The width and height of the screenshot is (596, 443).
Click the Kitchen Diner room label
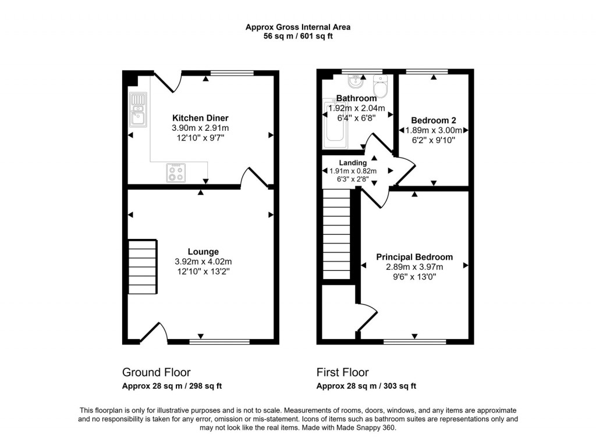pyautogui.click(x=200, y=118)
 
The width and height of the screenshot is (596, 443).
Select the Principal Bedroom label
pyautogui.click(x=414, y=257)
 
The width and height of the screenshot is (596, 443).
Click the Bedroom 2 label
pyautogui.click(x=433, y=120)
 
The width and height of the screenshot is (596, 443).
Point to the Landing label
pyautogui.click(x=353, y=163)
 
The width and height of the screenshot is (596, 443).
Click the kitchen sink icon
pyautogui.click(x=139, y=109)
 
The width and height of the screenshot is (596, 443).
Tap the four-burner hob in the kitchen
pyautogui.click(x=176, y=172)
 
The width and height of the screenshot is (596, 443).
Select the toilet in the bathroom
pyautogui.click(x=381, y=88)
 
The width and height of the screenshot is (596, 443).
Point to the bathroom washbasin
pyautogui.click(x=351, y=80)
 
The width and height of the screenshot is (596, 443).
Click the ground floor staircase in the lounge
pyautogui.click(x=143, y=268)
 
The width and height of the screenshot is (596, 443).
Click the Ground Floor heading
pyautogui.click(x=156, y=372)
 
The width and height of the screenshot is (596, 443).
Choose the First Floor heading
pyautogui.click(x=342, y=372)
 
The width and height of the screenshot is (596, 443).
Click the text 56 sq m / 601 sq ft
pyautogui.click(x=297, y=36)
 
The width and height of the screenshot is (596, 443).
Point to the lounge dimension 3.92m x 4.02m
pyautogui.click(x=203, y=262)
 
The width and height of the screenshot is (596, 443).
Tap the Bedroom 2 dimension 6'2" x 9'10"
pyautogui.click(x=433, y=140)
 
